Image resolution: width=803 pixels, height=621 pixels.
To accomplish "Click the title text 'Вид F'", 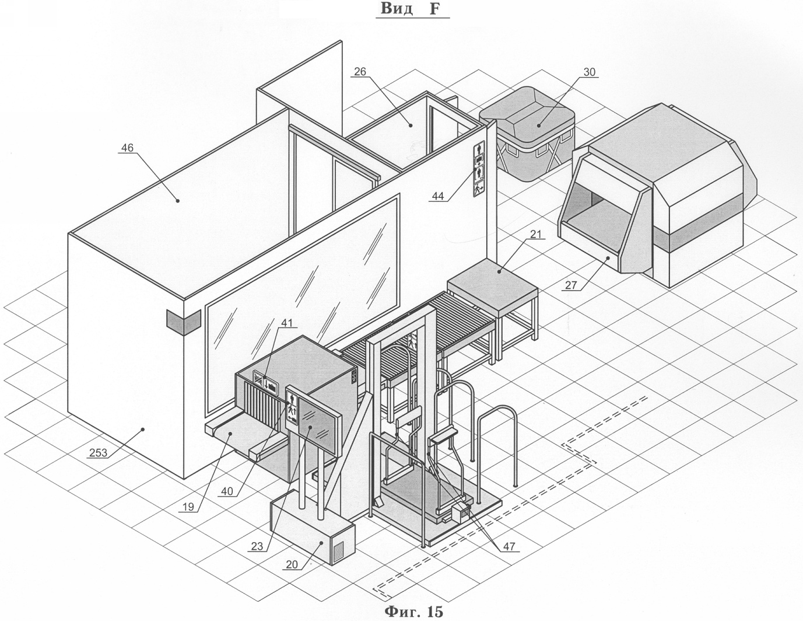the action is click(x=411, y=9).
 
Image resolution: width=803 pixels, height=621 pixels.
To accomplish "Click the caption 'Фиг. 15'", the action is click(x=413, y=612).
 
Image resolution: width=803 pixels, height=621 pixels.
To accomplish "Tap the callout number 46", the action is click(x=128, y=148).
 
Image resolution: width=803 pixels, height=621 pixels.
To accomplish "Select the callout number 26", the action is click(x=360, y=72).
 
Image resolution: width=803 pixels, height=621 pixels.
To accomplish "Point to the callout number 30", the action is click(x=590, y=72).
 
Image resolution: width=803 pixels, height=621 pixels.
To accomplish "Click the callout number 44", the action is click(x=438, y=196).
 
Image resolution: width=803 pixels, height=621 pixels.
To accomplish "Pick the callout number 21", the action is click(x=536, y=234).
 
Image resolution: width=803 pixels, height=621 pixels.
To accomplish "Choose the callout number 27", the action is click(x=571, y=285).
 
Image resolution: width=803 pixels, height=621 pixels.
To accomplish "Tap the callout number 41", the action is click(x=287, y=323).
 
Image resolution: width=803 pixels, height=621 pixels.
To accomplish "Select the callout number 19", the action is click(x=188, y=507).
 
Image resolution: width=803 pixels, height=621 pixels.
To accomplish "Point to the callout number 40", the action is click(x=227, y=491).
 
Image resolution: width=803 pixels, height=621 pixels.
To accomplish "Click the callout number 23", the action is click(x=257, y=546).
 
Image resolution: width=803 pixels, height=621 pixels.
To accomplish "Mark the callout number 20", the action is click(x=292, y=564).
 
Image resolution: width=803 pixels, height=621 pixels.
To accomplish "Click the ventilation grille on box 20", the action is click(x=341, y=550).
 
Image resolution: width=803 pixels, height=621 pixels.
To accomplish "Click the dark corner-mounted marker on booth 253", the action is click(x=184, y=322).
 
